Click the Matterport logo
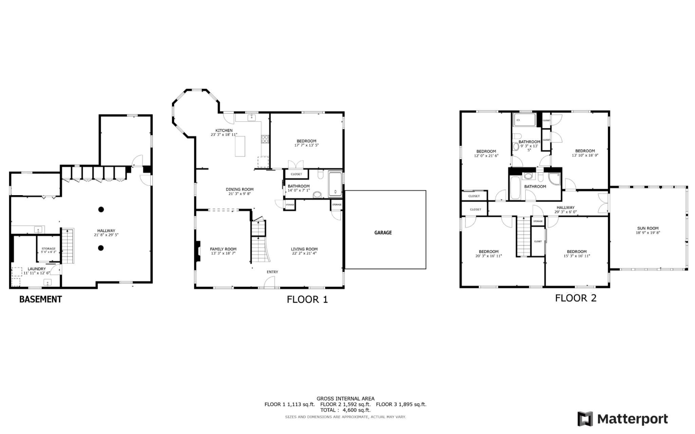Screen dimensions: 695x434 (x=622, y=419)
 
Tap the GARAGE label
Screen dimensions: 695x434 (x=383, y=233)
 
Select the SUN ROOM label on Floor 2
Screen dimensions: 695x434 (x=647, y=228)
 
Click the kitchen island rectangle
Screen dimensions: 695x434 (x=240, y=146)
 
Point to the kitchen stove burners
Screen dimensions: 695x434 (x=265, y=139)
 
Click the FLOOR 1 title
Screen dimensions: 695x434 (x=307, y=299)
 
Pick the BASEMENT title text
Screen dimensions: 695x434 (x=40, y=299)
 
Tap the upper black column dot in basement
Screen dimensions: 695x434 (x=101, y=209)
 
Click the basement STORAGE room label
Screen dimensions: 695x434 (x=49, y=249)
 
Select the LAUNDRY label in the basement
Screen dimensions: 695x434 (x=37, y=269)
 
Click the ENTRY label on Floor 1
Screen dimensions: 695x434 (x=273, y=272)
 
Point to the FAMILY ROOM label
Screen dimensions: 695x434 (x=223, y=249)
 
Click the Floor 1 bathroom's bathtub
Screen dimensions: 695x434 (x=335, y=185)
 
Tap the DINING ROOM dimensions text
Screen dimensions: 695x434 (x=240, y=194)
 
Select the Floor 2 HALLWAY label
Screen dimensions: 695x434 (x=565, y=208)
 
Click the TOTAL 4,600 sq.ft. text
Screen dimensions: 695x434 (x=345, y=410)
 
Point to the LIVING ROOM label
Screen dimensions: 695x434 (x=304, y=249)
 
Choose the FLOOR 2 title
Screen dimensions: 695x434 (x=576, y=298)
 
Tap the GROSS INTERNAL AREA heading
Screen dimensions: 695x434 (x=345, y=398)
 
